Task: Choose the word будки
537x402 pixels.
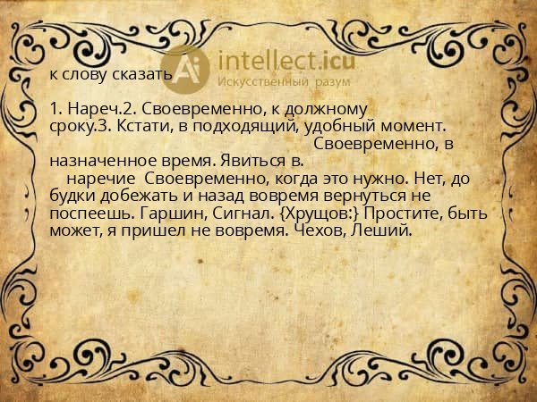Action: [72, 195]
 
